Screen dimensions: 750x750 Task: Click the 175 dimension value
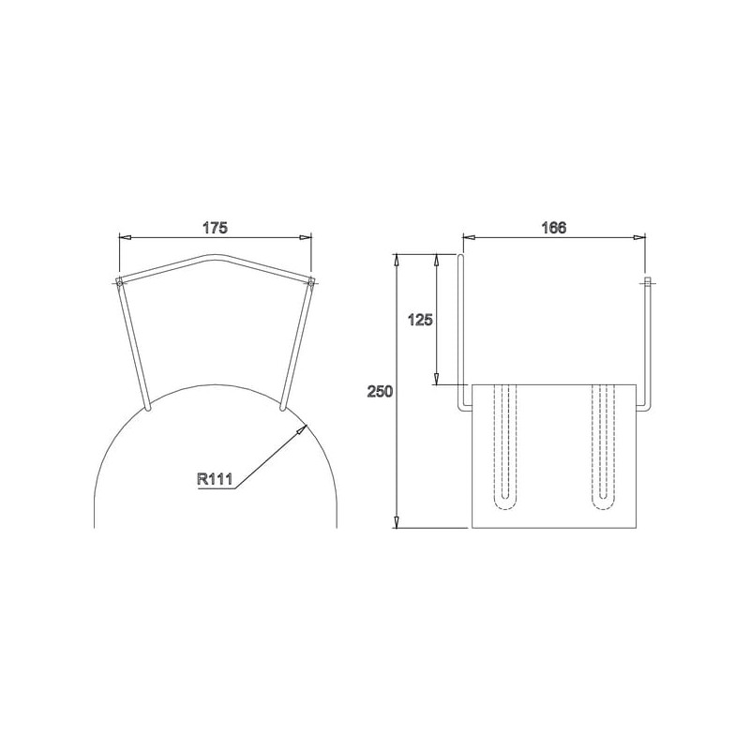(x=215, y=228)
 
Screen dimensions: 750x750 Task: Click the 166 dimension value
(x=553, y=228)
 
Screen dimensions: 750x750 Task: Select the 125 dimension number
(x=420, y=320)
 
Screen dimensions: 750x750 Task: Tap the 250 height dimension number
(x=380, y=391)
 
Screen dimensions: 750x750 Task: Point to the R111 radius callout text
(x=215, y=479)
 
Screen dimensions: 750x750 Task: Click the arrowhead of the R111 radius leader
(x=300, y=429)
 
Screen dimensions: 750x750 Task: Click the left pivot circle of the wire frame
(x=119, y=284)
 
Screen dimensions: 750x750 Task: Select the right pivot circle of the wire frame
(x=311, y=284)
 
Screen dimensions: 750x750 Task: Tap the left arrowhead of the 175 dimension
(x=125, y=237)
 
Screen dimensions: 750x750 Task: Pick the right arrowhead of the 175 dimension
(x=306, y=237)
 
